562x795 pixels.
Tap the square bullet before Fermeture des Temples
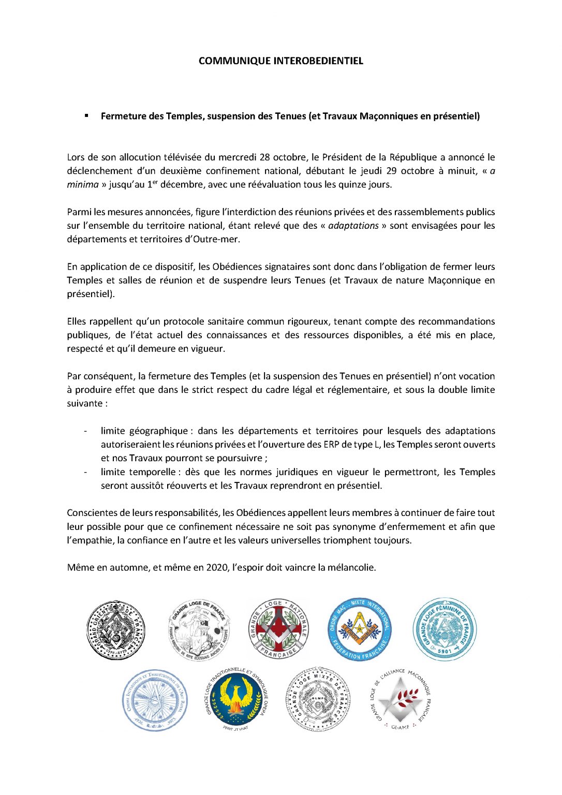click(86, 115)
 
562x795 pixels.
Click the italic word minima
click(82, 185)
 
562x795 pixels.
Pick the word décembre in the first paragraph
click(182, 185)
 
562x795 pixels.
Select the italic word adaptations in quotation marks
click(353, 226)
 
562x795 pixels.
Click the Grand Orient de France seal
click(115, 630)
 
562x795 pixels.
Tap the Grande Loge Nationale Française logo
click(279, 630)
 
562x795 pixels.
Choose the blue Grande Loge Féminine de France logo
click(445, 630)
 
